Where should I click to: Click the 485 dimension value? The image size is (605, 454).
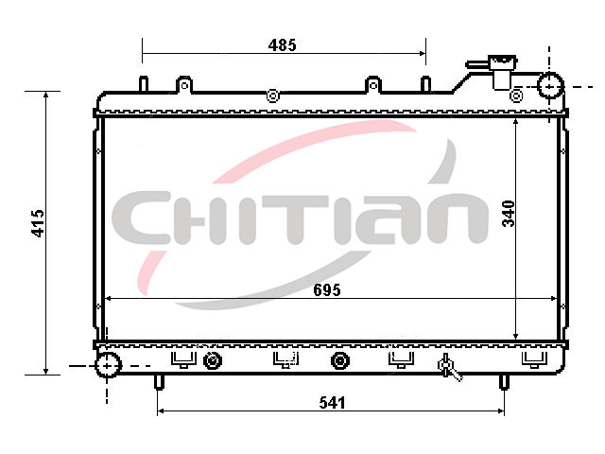(283, 45)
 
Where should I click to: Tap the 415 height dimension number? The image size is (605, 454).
(38, 223)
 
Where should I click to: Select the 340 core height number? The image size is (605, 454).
(509, 214)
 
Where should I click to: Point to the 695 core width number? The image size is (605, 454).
(327, 290)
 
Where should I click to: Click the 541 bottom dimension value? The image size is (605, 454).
(332, 403)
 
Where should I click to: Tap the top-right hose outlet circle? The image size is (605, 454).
(550, 86)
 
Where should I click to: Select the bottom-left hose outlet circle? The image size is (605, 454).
(108, 364)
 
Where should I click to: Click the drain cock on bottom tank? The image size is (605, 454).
(449, 367)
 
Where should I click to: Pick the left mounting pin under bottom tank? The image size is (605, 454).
(159, 382)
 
